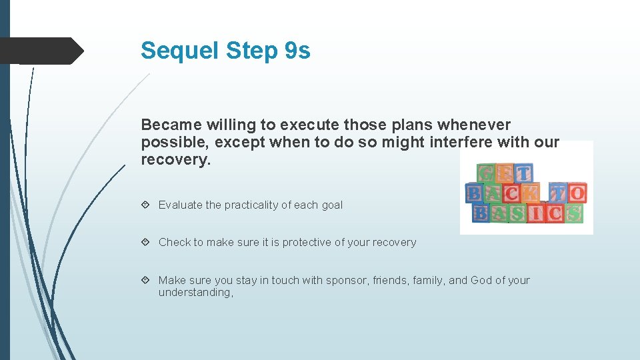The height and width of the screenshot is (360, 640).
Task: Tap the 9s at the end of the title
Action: [297, 51]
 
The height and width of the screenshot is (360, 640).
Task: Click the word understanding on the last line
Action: [195, 293]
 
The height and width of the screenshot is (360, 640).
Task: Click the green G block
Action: [487, 173]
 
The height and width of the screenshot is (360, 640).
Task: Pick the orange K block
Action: [531, 193]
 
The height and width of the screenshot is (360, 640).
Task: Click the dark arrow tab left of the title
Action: [41, 51]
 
